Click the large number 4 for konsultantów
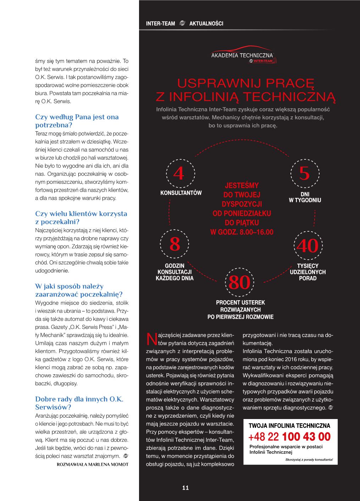[179, 174]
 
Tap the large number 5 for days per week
[304, 174]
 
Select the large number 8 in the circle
[175, 245]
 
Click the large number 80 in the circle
[240, 283]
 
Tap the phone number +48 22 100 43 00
[289, 436]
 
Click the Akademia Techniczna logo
[242, 56]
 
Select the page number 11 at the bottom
[185, 488]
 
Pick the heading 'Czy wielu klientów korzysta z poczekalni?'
[81, 218]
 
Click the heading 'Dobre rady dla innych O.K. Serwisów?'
[79, 403]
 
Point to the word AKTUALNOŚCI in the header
[206, 24]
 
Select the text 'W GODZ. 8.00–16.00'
[242, 232]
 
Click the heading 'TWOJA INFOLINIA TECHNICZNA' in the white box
[289, 426]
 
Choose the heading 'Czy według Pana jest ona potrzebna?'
[77, 121]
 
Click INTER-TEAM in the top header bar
[160, 24]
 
